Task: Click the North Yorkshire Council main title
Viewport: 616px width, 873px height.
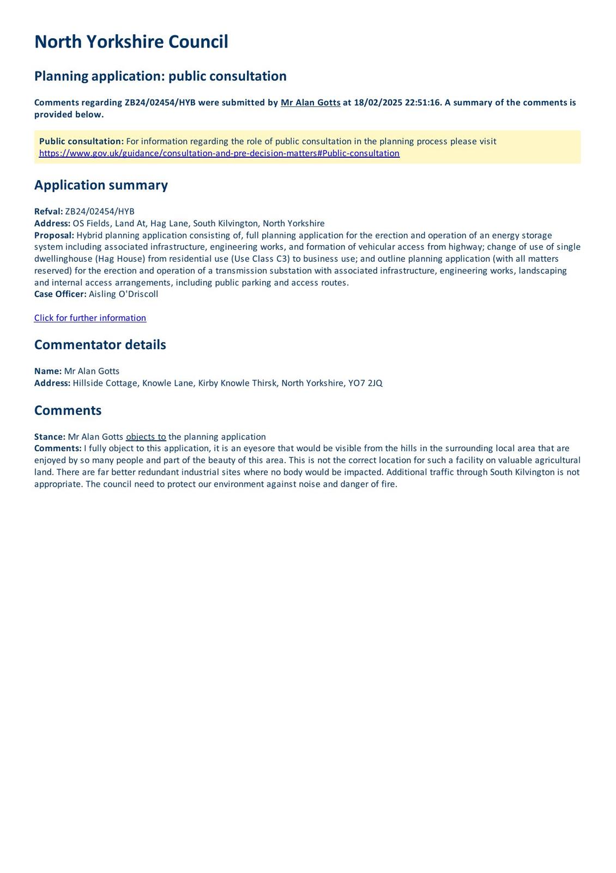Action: (131, 42)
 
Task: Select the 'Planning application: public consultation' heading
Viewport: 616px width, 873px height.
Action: (160, 76)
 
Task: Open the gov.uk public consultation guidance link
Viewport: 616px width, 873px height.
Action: (219, 153)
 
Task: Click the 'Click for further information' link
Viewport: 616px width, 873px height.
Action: (90, 318)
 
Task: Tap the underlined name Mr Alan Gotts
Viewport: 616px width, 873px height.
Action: (310, 103)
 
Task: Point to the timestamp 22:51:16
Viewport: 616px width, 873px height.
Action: (423, 103)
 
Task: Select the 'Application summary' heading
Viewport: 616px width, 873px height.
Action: (101, 185)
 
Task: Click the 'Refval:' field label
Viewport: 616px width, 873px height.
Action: (49, 212)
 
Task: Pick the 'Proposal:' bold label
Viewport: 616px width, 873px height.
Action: (54, 235)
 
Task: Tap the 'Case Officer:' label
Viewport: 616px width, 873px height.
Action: (60, 294)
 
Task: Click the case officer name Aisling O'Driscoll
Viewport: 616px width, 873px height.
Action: (124, 294)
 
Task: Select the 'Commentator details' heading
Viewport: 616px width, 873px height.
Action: (100, 345)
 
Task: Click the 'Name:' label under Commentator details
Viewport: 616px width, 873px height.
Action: (48, 371)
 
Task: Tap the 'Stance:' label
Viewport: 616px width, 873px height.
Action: (50, 436)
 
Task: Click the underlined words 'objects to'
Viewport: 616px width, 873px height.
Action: (146, 436)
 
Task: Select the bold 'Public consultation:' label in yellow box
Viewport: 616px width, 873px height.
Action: (81, 141)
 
